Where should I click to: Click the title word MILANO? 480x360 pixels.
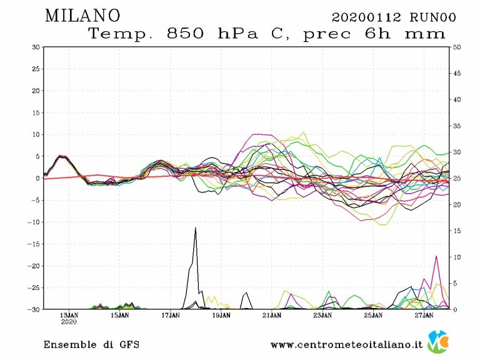[x=82, y=16]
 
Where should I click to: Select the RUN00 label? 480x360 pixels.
[x=432, y=17]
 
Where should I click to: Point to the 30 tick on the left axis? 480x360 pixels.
[x=36, y=47]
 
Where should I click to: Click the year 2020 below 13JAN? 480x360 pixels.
[x=69, y=323]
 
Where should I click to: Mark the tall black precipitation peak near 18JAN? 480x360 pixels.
[x=196, y=229]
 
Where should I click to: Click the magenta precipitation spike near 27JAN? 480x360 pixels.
[x=436, y=256]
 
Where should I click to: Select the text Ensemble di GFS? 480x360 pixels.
[x=91, y=344]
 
